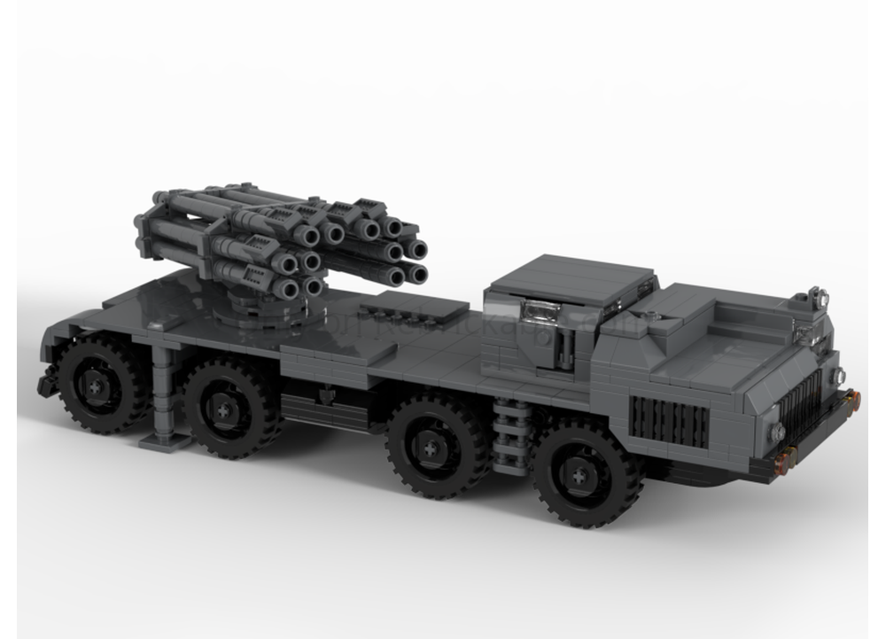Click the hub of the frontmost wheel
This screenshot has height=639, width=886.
(579, 477)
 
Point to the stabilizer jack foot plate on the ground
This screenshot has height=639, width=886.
(166, 440)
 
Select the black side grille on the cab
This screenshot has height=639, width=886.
(669, 422)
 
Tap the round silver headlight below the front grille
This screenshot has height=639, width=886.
(777, 432)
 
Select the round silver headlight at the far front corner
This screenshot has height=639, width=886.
(838, 376)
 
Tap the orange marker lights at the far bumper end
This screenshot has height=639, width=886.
(854, 401)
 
